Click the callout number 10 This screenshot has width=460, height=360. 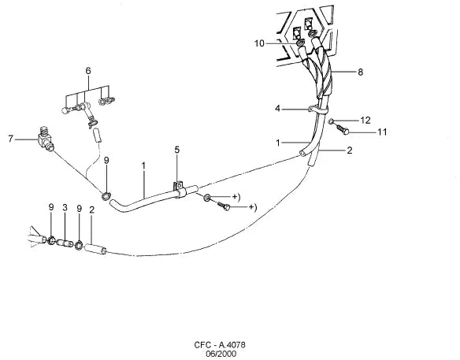259,43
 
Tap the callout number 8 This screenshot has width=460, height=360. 360,72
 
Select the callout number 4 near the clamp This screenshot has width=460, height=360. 277,109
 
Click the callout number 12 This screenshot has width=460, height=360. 365,121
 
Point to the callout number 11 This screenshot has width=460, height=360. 382,132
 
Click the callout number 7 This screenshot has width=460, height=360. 11,139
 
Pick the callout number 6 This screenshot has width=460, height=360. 88,71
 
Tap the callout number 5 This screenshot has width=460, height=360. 177,150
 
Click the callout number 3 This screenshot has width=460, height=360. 65,207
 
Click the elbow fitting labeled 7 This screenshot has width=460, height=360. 45,139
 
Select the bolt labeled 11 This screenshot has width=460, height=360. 343,129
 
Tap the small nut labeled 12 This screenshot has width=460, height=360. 331,121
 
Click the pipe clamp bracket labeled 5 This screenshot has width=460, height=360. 179,189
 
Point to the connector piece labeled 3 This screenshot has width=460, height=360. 65,243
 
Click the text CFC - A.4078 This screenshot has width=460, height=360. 220,345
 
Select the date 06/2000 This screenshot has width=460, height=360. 221,354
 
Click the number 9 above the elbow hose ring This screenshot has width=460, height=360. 106,160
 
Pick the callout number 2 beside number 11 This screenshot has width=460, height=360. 349,150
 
